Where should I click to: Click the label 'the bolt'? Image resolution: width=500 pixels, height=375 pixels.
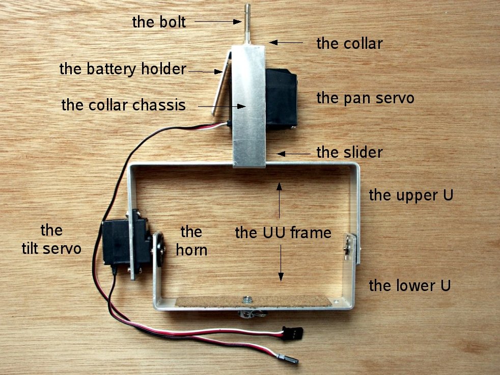pyautogui.click(x=159, y=22)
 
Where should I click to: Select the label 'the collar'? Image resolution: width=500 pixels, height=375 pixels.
pyautogui.click(x=349, y=43)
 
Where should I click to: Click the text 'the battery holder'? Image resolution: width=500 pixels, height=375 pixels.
pyautogui.click(x=123, y=69)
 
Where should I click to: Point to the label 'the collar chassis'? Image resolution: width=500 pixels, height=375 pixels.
pyautogui.click(x=123, y=105)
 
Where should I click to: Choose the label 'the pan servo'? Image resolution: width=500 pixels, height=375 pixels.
pyautogui.click(x=365, y=98)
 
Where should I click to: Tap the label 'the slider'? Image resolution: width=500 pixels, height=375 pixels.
pyautogui.click(x=349, y=152)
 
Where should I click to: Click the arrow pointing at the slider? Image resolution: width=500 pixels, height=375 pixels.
pyautogui.click(x=292, y=153)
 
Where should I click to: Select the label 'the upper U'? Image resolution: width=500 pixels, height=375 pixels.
pyautogui.click(x=411, y=195)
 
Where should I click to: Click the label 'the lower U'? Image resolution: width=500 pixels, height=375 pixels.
pyautogui.click(x=409, y=285)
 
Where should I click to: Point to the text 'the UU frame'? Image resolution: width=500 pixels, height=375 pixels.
pyautogui.click(x=283, y=233)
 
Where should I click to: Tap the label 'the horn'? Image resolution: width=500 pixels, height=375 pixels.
pyautogui.click(x=191, y=240)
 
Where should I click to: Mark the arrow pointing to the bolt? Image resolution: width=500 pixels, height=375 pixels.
pyautogui.click(x=217, y=21)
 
